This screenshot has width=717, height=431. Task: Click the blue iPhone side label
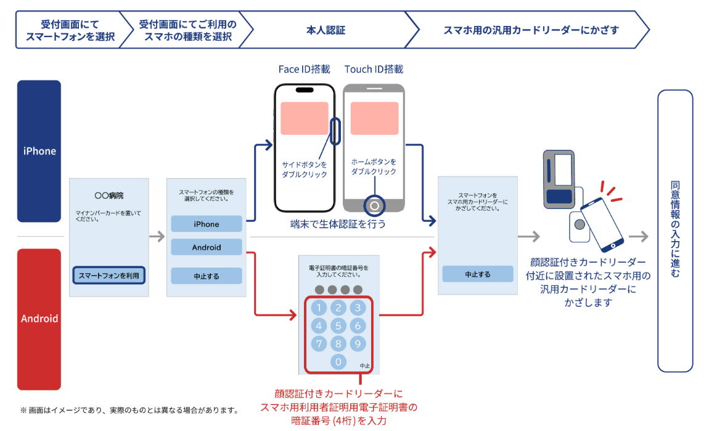click(x=39, y=151)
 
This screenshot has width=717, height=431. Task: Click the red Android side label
click(x=39, y=319)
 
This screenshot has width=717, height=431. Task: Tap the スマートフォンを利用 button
click(x=109, y=275)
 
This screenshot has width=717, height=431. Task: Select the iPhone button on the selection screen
click(x=207, y=224)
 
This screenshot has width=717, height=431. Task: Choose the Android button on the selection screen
click(x=207, y=247)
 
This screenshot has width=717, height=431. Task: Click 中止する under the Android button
click(x=207, y=276)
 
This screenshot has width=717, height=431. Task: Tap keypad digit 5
click(x=338, y=326)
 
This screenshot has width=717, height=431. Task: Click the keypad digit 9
click(x=358, y=343)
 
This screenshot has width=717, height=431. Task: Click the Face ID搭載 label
click(x=304, y=69)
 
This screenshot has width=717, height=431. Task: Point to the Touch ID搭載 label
click(x=374, y=69)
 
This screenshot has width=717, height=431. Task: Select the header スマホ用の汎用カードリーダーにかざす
click(x=531, y=30)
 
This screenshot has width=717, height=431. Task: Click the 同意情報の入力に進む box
click(x=675, y=231)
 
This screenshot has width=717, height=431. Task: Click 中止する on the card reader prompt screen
click(x=478, y=274)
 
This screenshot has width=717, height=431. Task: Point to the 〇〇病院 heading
click(x=109, y=195)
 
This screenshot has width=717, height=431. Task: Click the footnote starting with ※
click(x=129, y=409)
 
